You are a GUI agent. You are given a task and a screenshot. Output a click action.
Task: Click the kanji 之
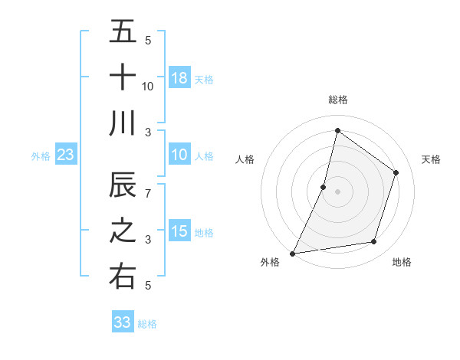123,231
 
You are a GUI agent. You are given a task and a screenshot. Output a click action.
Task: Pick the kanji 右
123,277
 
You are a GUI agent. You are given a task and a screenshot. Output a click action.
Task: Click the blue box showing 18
179,77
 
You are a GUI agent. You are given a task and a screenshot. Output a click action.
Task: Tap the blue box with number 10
179,155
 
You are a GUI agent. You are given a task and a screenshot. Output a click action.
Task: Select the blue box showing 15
179,231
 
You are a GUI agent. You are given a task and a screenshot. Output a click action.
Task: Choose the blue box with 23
66,155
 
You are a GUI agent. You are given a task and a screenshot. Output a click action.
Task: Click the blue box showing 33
122,322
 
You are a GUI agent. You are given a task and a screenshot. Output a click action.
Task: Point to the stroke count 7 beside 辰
147,194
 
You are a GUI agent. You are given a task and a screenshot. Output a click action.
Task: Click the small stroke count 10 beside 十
148,86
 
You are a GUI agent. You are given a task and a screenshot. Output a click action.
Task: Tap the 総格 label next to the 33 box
147,324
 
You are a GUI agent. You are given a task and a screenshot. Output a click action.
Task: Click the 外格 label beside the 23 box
41,156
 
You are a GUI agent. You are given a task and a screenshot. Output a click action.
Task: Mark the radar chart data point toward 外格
292,253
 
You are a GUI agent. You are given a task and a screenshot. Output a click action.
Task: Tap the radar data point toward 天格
396,172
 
